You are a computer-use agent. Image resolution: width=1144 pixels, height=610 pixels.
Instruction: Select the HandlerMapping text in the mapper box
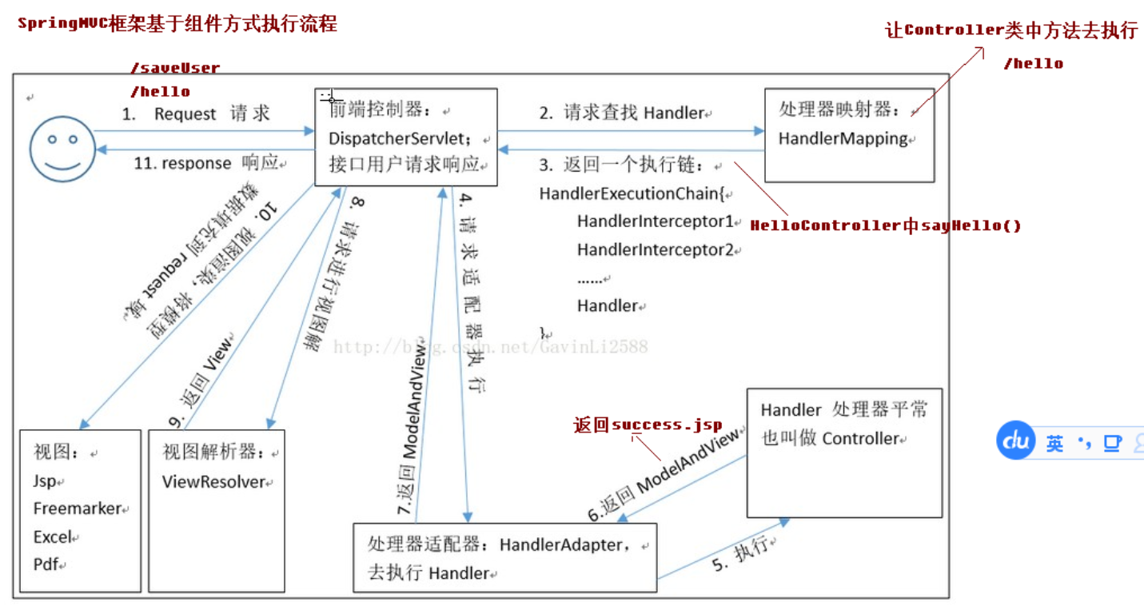pyautogui.click(x=843, y=139)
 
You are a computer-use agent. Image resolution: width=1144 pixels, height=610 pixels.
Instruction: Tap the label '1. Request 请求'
pyautogui.click(x=196, y=114)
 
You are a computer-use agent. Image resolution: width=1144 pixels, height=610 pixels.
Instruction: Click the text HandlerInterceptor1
pyautogui.click(x=655, y=221)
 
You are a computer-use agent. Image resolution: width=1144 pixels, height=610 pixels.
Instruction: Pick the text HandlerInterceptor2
pyautogui.click(x=655, y=250)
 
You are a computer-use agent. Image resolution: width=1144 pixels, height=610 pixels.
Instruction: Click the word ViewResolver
pyautogui.click(x=213, y=482)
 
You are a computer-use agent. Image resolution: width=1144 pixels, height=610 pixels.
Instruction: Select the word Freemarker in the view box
pyautogui.click(x=77, y=509)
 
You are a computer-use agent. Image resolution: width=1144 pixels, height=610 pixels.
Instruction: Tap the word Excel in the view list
pyautogui.click(x=53, y=537)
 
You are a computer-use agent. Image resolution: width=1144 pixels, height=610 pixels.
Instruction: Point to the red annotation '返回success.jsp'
pyautogui.click(x=647, y=425)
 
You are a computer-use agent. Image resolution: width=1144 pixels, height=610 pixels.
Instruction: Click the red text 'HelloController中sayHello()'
pyautogui.click(x=885, y=226)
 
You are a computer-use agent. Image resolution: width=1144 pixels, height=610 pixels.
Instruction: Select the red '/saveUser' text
pyautogui.click(x=174, y=69)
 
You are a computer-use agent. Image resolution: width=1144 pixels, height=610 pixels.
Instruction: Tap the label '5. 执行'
pyautogui.click(x=739, y=553)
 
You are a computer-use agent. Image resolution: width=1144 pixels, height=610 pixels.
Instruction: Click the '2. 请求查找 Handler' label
pyautogui.click(x=622, y=114)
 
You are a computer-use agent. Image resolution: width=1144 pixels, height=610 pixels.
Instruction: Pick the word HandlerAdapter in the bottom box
pyautogui.click(x=560, y=545)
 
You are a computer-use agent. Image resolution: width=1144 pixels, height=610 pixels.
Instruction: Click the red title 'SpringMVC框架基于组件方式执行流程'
pyautogui.click(x=177, y=24)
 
